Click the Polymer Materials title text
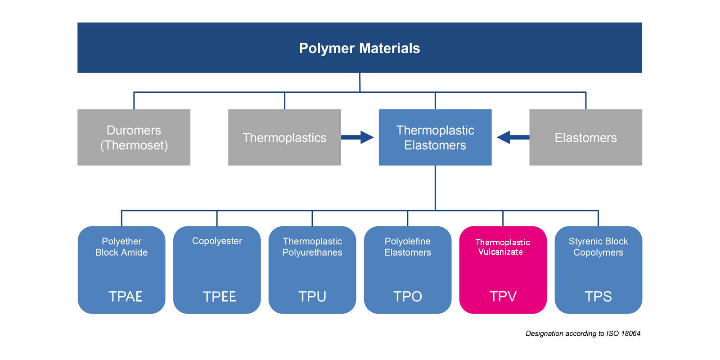359,48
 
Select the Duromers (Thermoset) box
134,137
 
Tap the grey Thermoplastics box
284,137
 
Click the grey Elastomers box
585,137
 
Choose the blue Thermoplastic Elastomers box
435,137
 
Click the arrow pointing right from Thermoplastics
358,137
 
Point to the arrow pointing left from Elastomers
513,137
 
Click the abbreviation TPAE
126,297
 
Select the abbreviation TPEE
219,297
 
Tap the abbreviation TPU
312,297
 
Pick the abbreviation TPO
407,297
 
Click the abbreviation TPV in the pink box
503,296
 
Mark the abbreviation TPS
598,297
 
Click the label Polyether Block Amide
121,247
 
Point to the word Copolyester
217,241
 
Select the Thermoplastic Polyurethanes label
312,247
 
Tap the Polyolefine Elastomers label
408,247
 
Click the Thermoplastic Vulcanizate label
502,247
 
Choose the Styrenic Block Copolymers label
598,247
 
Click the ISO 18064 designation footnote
583,333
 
